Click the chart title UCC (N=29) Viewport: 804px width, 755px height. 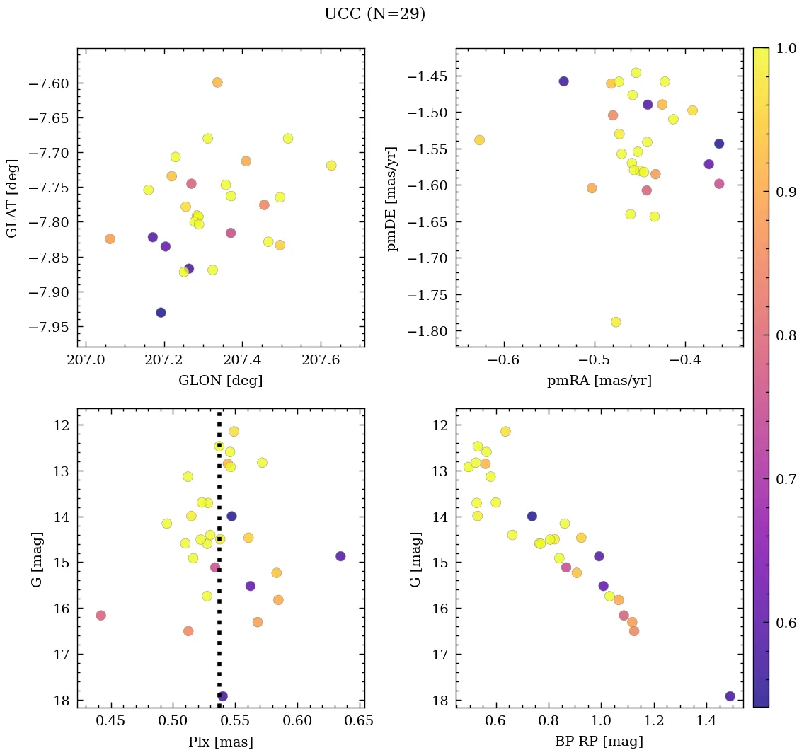pos(374,14)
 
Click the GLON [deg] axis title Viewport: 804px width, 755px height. pos(220,381)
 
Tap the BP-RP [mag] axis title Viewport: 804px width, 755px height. pos(599,742)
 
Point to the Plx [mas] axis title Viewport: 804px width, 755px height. pos(220,742)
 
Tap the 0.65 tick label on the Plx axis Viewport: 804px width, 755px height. pos(360,721)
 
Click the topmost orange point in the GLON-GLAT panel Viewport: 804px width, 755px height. pos(217,82)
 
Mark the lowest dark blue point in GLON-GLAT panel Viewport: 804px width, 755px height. pos(161,313)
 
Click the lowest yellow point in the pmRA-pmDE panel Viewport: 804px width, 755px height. pos(616,322)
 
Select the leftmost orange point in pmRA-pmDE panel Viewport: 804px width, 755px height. pos(479,140)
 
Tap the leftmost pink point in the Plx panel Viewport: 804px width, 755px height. pos(100,616)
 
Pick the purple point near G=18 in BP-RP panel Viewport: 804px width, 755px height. pos(730,696)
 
